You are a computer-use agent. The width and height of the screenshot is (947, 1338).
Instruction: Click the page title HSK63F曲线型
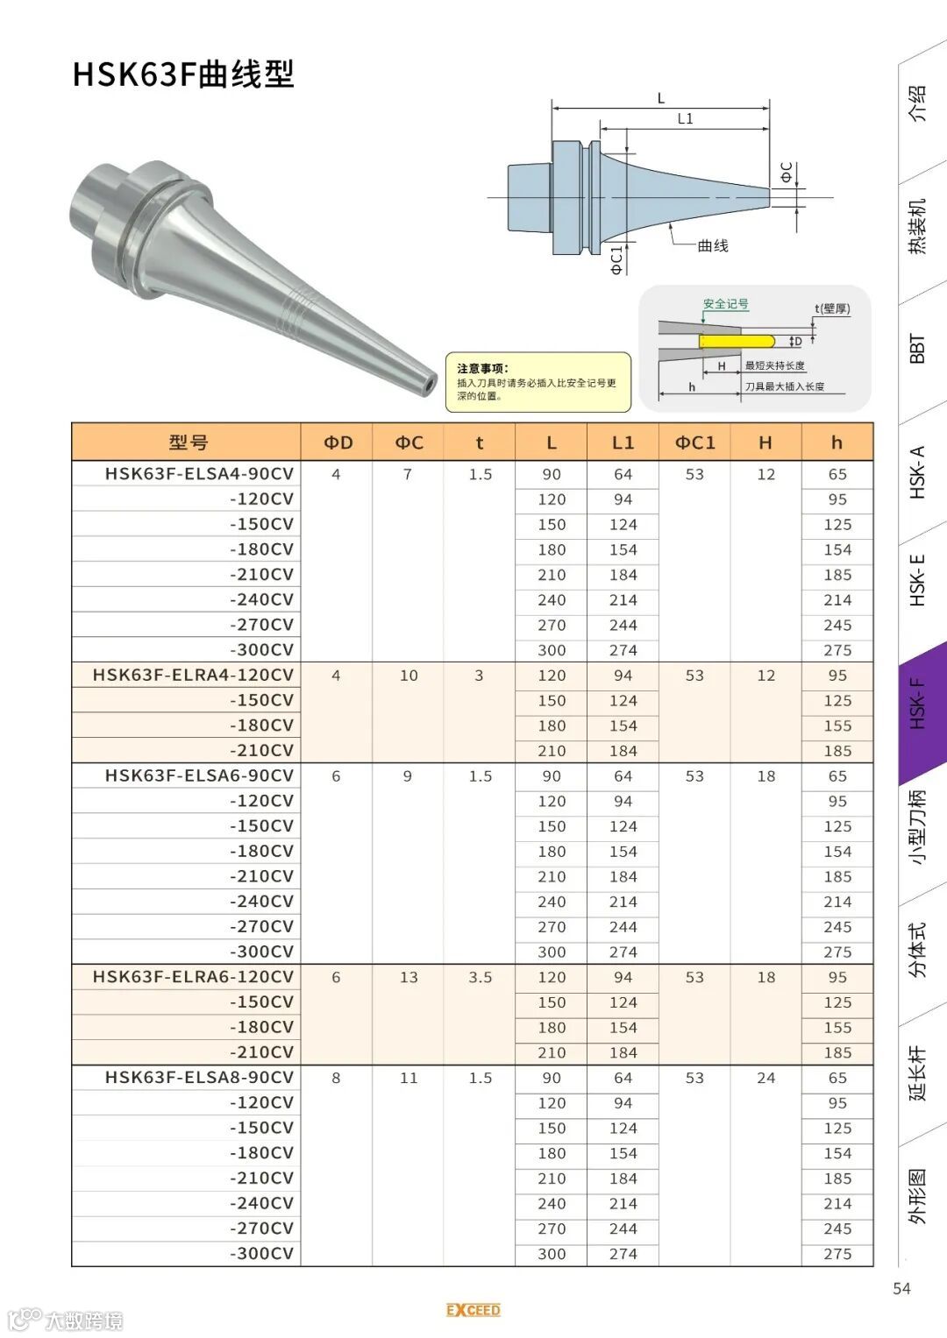click(x=183, y=74)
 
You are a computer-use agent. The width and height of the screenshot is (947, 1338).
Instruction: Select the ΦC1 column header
click(x=694, y=442)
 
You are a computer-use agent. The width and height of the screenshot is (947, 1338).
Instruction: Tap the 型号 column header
click(x=189, y=442)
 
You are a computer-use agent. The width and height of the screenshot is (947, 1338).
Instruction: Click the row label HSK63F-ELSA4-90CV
click(x=200, y=474)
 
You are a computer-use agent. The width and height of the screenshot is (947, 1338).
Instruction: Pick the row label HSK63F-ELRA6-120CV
click(x=193, y=977)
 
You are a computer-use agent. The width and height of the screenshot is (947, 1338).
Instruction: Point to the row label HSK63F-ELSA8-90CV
click(x=200, y=1078)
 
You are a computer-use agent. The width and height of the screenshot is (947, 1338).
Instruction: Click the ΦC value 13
click(x=409, y=977)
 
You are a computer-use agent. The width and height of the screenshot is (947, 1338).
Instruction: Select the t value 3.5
click(x=481, y=977)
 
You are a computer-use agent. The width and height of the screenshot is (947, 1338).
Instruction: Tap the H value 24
click(x=765, y=1078)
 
